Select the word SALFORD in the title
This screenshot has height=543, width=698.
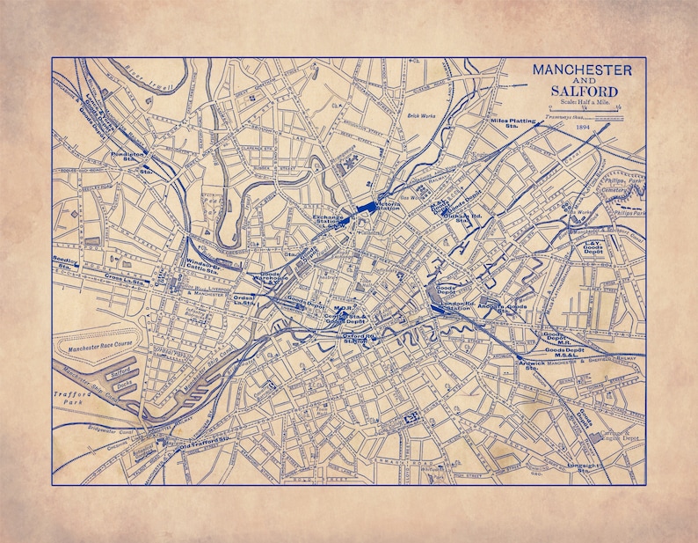pyautogui.click(x=584, y=91)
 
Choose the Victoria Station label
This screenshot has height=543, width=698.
pyautogui.click(x=387, y=208)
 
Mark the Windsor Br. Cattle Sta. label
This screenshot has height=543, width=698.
pyautogui.click(x=209, y=263)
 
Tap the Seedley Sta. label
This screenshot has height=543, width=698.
pyautogui.click(x=67, y=263)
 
